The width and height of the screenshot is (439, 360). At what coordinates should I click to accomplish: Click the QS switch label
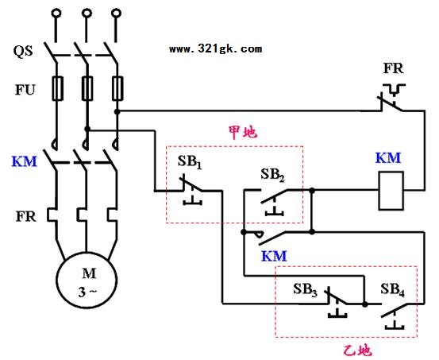(x=23, y=52)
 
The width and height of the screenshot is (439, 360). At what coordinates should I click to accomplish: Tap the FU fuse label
(x=25, y=90)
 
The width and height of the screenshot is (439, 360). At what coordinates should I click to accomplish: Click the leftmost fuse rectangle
(x=58, y=88)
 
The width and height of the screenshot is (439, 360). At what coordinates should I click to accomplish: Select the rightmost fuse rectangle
(x=117, y=88)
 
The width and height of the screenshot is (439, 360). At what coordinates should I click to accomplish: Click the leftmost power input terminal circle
(x=56, y=13)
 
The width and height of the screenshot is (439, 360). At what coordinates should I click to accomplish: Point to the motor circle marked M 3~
(x=87, y=280)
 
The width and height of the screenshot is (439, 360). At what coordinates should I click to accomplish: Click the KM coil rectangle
(x=391, y=191)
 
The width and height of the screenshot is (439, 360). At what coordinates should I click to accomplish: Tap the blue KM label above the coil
(x=388, y=158)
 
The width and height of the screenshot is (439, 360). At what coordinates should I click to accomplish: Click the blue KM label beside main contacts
(x=25, y=161)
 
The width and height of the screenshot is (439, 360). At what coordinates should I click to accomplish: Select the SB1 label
(x=190, y=162)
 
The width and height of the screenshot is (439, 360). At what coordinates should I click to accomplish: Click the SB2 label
(x=273, y=175)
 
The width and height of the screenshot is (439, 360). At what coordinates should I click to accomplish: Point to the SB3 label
(x=305, y=289)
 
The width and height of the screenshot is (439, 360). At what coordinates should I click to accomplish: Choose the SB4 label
(x=392, y=289)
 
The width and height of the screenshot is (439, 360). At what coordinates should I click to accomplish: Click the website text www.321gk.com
(x=216, y=49)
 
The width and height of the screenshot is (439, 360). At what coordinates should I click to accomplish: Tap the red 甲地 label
(x=243, y=133)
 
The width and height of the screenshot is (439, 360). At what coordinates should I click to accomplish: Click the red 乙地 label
(x=358, y=350)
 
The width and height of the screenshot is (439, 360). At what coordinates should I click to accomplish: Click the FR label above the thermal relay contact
(x=394, y=68)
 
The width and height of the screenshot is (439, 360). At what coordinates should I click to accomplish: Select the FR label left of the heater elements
(x=26, y=217)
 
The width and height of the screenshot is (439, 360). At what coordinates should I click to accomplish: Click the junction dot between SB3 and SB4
(x=365, y=304)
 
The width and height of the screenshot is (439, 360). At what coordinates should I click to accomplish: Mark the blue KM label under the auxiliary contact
(x=274, y=256)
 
